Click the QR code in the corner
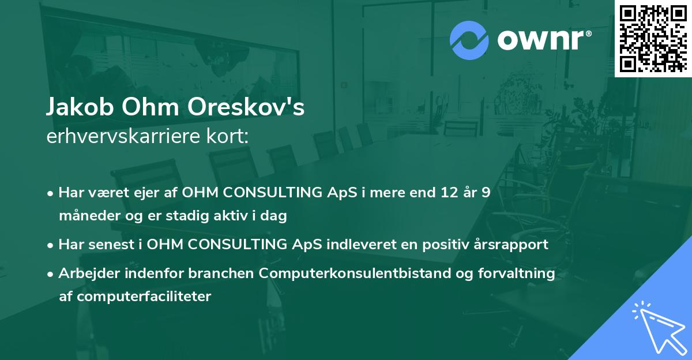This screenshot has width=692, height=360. coord(653,38)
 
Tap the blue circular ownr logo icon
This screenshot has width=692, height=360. coord(469,40)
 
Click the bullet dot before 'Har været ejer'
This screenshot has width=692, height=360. coord(51,193)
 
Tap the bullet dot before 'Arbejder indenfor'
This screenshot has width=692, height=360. coord(51,274)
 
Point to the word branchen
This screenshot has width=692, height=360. coord(227,273)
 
